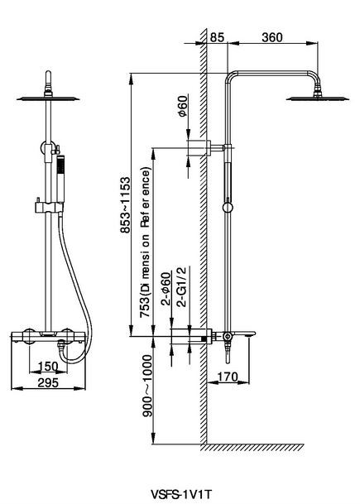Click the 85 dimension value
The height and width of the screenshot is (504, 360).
(217, 37)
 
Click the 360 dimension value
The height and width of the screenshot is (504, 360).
(272, 37)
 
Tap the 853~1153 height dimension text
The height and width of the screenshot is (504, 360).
(125, 204)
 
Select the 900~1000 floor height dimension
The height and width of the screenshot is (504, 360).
(147, 386)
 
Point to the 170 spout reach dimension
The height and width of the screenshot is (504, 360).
(228, 377)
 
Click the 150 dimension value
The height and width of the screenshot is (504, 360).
(48, 366)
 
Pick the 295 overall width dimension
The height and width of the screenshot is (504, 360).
(48, 382)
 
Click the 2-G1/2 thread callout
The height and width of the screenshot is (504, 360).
(181, 288)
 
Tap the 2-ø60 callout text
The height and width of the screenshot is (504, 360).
(166, 288)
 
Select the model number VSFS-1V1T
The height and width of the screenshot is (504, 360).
(181, 493)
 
